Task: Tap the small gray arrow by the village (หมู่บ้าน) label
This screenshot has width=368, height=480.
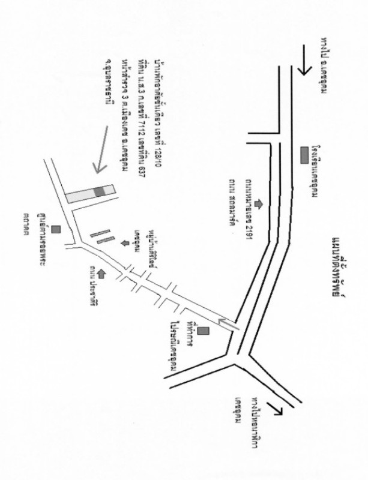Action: (124, 243)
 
